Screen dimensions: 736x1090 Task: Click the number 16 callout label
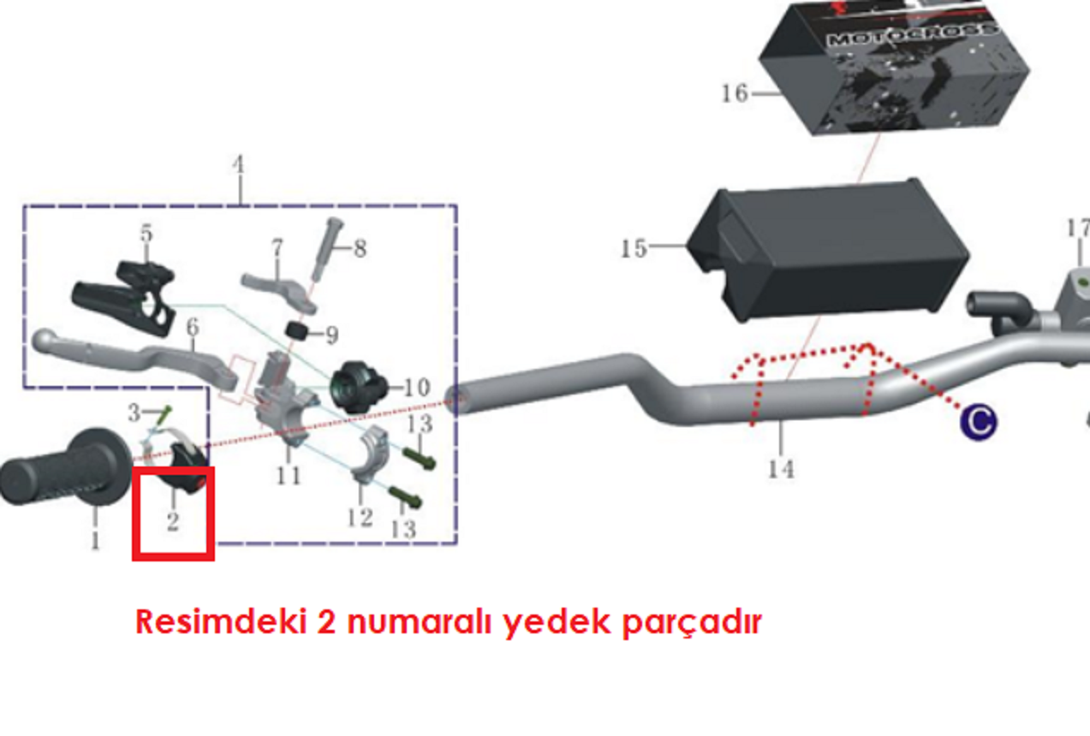coord(734,92)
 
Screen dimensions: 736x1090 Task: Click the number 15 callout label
coord(634,249)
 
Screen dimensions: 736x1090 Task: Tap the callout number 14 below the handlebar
coord(780,468)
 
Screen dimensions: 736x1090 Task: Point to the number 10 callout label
coord(416,388)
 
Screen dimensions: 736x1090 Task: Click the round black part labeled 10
coord(354,386)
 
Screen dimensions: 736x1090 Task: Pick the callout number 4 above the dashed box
coord(239,165)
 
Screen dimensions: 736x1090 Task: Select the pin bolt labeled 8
coord(328,248)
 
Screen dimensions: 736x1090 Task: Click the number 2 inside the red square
coord(172,520)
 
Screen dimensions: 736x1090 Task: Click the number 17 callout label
coord(1078,229)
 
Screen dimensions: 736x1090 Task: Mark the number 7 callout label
coord(277,248)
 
